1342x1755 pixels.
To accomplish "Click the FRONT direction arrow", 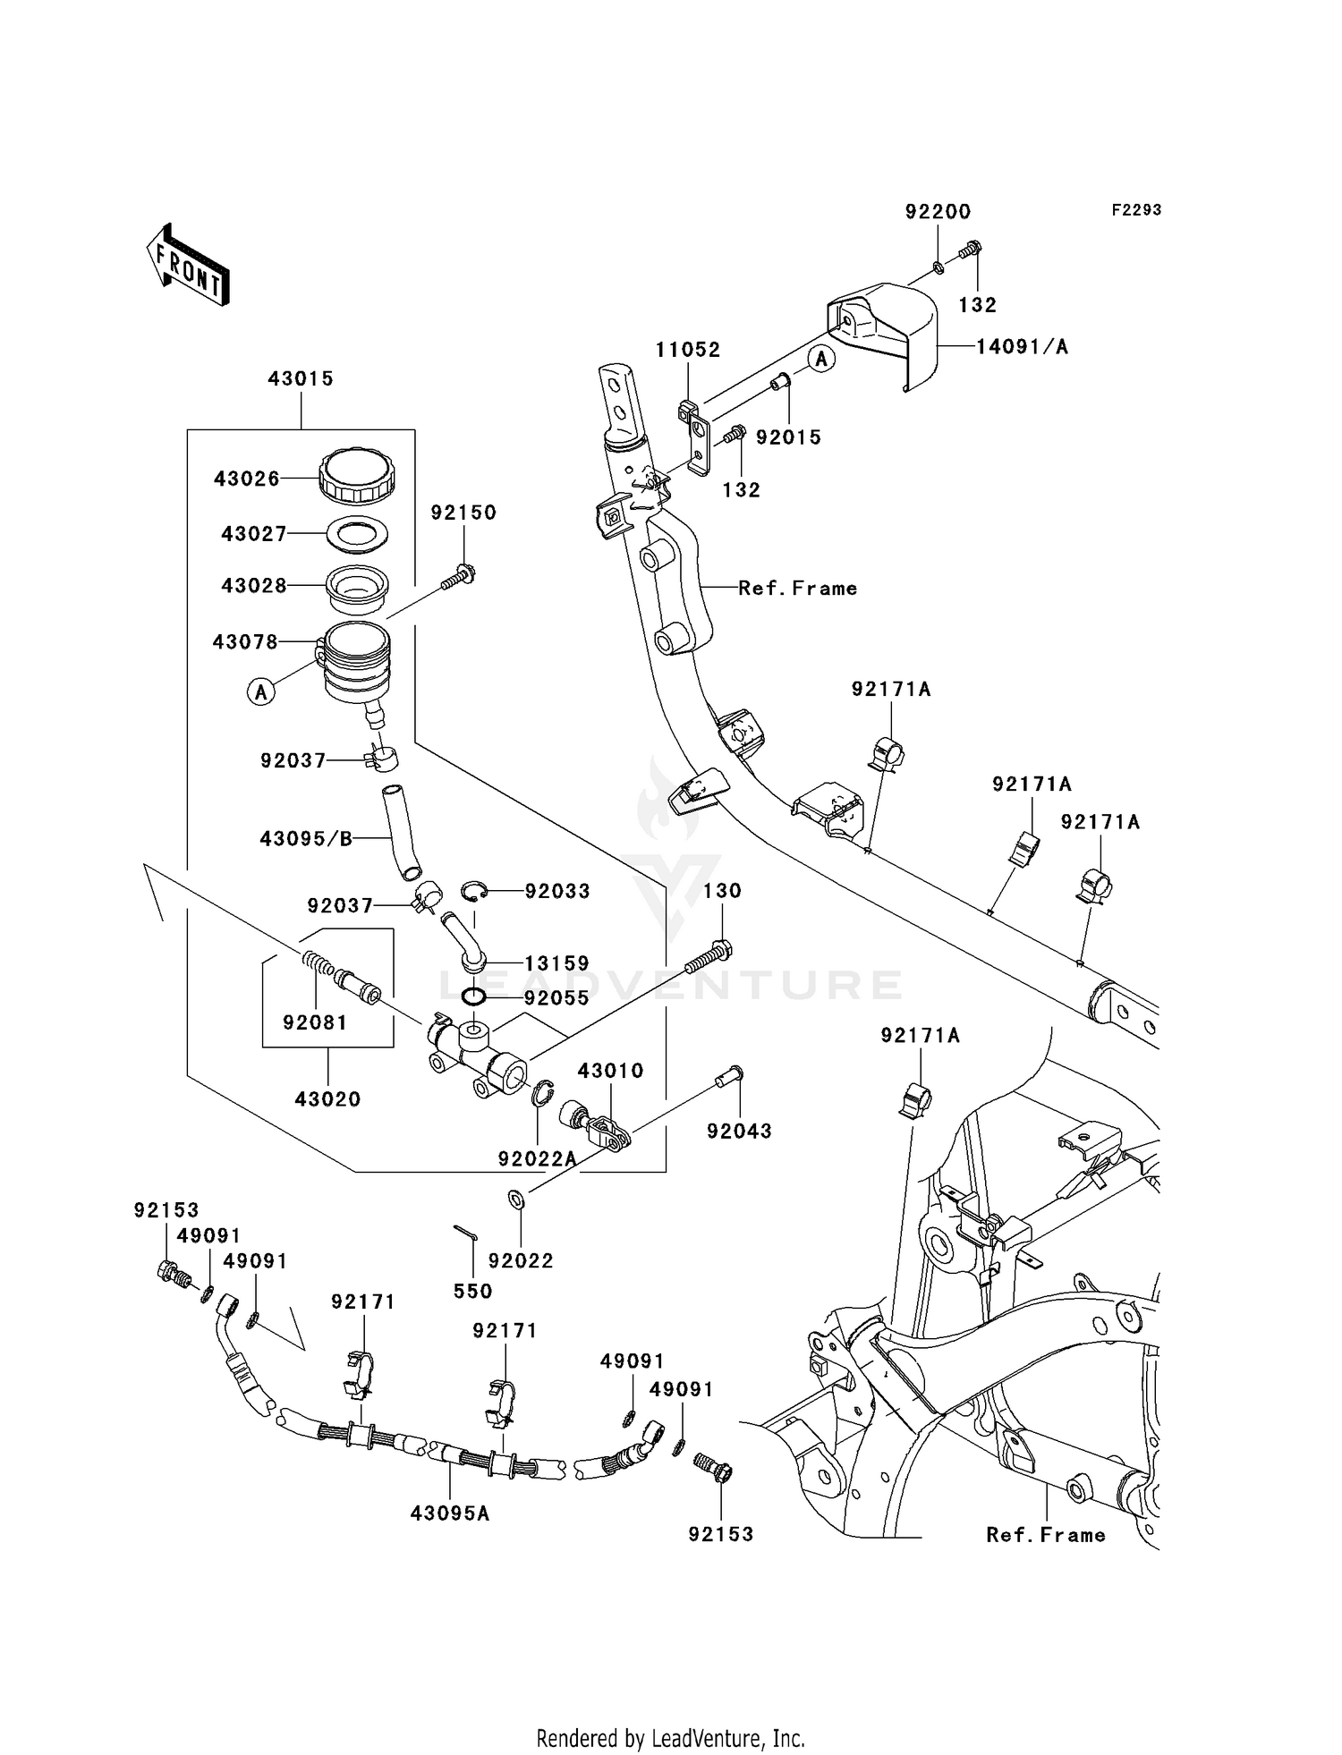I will pos(188,265).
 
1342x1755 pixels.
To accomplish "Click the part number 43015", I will pos(301,378).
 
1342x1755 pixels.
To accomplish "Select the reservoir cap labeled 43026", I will pos(356,477).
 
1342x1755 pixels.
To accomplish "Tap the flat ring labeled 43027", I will pos(356,535).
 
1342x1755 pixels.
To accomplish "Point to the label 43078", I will pos(245,641).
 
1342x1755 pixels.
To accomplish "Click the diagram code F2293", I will pos(1136,209).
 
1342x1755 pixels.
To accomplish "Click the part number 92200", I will pos(938,212).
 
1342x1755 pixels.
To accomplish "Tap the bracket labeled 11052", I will pos(693,434).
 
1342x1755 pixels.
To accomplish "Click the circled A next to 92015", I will pos(822,359).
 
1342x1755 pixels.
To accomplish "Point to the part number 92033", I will pos(557,891).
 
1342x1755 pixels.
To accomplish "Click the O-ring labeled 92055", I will pos(474,996).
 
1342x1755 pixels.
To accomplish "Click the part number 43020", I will pos(327,1098).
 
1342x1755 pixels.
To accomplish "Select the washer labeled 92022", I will pos(516,1199).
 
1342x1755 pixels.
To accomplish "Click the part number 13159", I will pos(556,963).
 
